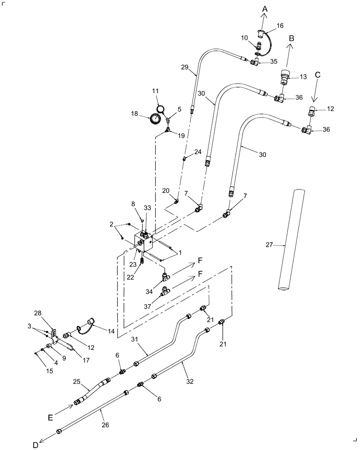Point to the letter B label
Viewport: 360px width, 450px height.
click(291, 39)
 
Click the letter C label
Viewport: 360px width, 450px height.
click(318, 75)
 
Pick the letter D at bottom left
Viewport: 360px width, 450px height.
click(35, 445)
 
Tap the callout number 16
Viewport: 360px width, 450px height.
click(279, 26)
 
